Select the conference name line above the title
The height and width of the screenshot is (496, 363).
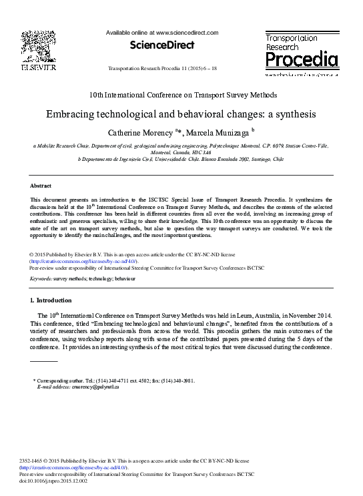(181, 96)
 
